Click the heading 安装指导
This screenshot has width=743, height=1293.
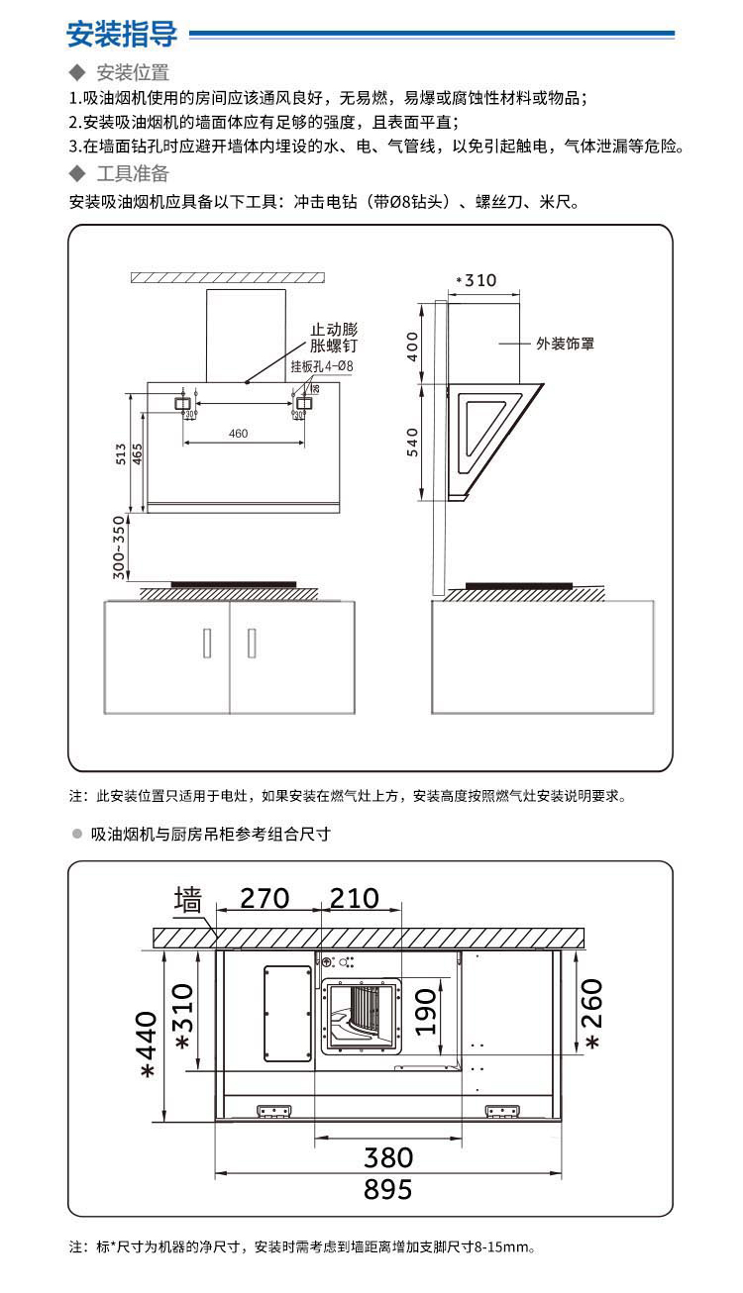pos(121,35)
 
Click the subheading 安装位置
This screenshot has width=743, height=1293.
pos(132,72)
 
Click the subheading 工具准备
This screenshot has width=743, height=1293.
pos(132,174)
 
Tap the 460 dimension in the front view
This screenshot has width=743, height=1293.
pos(238,434)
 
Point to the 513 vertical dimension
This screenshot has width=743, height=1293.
pos(121,454)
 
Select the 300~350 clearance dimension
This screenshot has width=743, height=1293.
pos(120,547)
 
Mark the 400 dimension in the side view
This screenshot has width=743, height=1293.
pos(413,346)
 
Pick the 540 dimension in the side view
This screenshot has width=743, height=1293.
pos(413,441)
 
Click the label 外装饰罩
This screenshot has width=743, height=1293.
pos(566,344)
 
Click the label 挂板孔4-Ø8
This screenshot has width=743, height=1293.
pos(322,366)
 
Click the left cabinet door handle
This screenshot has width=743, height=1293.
pos(207,642)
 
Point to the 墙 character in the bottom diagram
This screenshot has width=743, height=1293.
pos(187,900)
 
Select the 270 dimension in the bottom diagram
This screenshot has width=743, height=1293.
pos(265,898)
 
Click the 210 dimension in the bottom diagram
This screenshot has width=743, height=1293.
pos(354,898)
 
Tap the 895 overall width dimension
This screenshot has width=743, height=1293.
pos(387,1189)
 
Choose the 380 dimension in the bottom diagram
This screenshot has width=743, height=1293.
pos(388,1156)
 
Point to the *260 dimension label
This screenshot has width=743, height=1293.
pos(591,1015)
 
